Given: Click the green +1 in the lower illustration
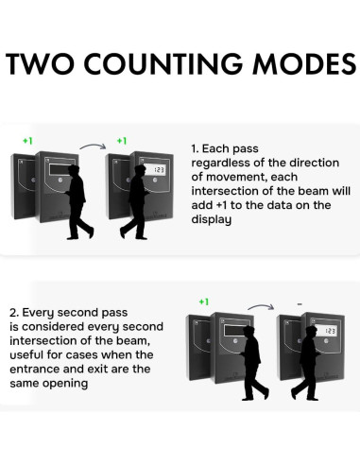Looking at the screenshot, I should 203,301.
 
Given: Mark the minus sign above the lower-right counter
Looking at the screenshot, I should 298,303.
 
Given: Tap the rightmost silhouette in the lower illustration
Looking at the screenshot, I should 308,365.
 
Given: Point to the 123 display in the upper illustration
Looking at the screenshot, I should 158,170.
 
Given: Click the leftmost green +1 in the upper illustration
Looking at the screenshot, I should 27,140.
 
